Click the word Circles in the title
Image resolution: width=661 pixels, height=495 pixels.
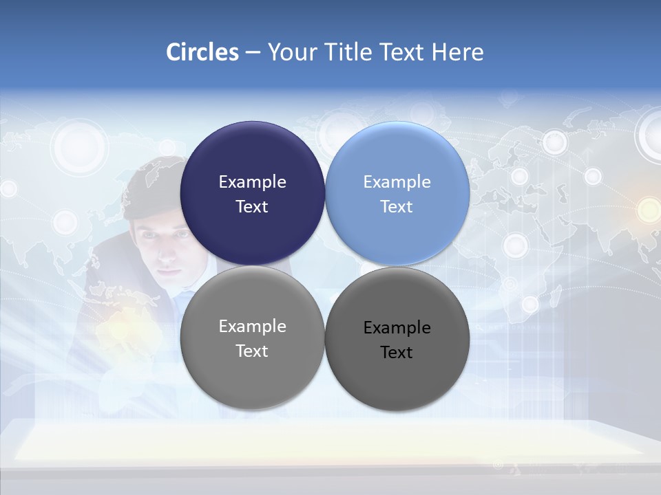pyautogui.click(x=202, y=52)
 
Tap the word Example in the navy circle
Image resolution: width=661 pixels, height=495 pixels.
pyautogui.click(x=252, y=182)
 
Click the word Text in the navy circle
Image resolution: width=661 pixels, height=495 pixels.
pyautogui.click(x=252, y=207)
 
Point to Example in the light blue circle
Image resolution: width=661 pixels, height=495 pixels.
pyautogui.click(x=397, y=182)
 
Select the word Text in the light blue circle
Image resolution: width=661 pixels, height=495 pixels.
pyautogui.click(x=397, y=207)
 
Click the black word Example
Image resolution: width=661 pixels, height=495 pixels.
pyautogui.click(x=397, y=328)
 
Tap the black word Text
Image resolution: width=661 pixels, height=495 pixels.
pyautogui.click(x=397, y=353)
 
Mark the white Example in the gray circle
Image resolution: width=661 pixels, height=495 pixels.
pyautogui.click(x=252, y=327)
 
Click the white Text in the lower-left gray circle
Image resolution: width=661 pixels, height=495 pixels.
pyautogui.click(x=252, y=351)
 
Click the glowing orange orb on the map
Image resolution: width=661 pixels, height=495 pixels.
pyautogui.click(x=648, y=210)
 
